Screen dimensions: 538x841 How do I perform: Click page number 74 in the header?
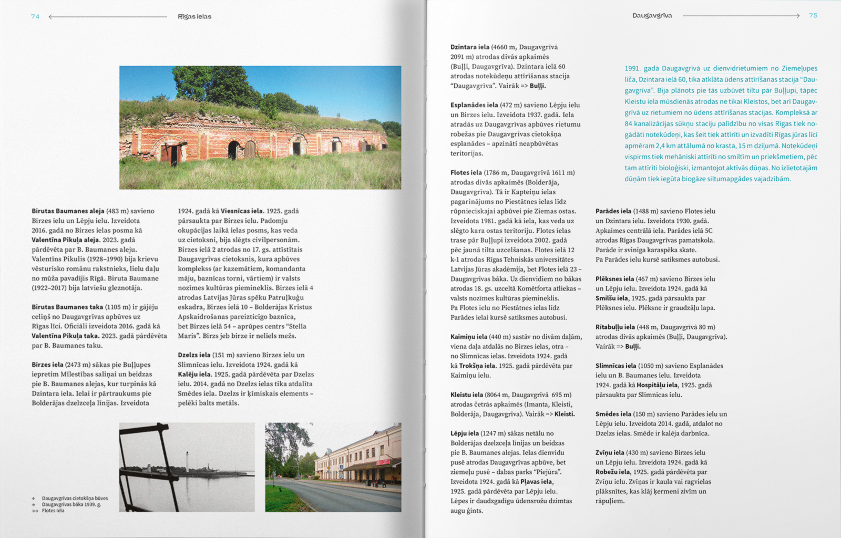tap(35, 16)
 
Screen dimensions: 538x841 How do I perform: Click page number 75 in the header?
tap(813, 16)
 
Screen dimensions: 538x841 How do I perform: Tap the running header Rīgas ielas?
tap(194, 17)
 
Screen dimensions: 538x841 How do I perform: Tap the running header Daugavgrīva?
tap(652, 16)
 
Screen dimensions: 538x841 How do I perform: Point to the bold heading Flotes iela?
tap(466, 173)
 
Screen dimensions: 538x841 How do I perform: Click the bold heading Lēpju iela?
tap(464, 433)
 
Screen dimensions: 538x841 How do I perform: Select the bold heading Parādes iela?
tap(613, 211)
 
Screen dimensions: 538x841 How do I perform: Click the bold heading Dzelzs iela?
tap(193, 355)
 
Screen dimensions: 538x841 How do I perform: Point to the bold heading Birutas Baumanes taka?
tap(67, 307)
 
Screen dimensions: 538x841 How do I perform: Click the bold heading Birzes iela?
tap(48, 365)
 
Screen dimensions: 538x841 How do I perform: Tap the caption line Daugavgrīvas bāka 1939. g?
tap(71, 504)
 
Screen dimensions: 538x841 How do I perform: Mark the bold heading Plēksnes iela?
tap(614, 279)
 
